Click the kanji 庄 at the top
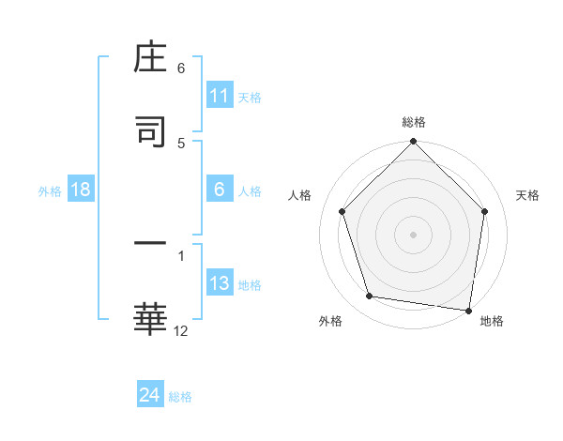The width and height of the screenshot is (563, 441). pos(150,61)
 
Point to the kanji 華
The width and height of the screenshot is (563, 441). pos(150,318)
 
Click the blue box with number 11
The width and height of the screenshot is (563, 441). pos(220,96)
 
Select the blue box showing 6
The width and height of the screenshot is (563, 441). pos(220,190)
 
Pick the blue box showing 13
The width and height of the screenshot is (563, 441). pos(220,283)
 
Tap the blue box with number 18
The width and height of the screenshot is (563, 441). pos(81,190)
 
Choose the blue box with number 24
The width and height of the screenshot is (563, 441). pos(150,395)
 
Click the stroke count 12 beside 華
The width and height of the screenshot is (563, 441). pos(181,329)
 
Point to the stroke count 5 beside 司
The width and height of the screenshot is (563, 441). pos(181,143)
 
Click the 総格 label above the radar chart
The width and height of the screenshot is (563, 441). pos(414,122)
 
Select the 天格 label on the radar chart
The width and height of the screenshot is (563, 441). pos(528,195)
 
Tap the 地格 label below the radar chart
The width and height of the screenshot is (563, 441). pos(492,321)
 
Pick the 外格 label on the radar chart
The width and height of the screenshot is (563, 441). pos(330,321)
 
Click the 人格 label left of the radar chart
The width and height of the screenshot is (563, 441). pos(300,195)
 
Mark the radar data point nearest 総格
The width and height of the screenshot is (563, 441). pos(414,143)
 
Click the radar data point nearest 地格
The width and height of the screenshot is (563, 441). pos(469,309)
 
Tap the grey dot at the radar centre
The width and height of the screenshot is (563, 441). pos(414,234)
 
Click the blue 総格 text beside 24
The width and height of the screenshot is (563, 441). pos(180,397)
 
